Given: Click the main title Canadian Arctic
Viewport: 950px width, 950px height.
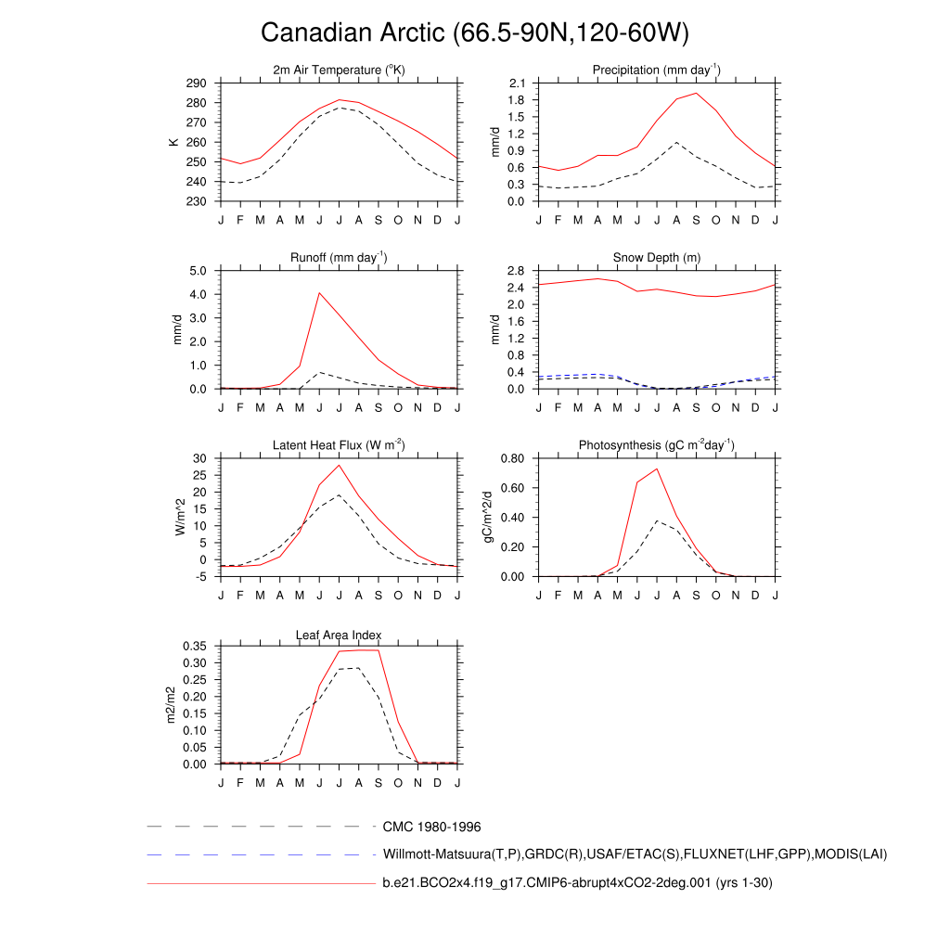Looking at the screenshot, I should pos(474,32).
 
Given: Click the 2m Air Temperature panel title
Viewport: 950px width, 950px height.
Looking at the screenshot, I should pos(339,71).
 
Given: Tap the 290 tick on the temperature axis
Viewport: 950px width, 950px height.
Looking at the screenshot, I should pos(196,83).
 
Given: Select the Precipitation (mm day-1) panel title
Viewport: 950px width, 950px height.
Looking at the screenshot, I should pos(657,71).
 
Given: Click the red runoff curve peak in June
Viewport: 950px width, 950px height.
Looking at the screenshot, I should pos(319,293).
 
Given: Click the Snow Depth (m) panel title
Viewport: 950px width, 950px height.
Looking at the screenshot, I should pos(657,257).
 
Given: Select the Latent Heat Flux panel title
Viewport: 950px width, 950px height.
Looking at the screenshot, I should pos(339,445).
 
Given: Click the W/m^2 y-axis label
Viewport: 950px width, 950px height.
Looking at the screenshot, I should pos(180,517).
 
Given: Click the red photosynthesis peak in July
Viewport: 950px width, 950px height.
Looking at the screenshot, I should pos(657,469).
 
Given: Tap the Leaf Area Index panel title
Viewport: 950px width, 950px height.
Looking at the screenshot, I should pos(339,635).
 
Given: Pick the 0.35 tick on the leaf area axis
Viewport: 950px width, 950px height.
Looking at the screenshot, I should pos(193,646).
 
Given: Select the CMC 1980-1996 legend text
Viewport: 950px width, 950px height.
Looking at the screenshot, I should pos(431,827).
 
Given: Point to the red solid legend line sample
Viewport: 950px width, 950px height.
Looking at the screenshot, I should pos(260,884).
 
